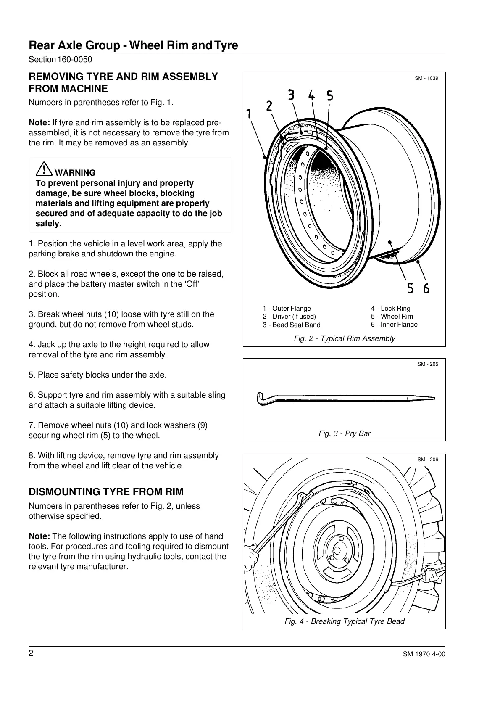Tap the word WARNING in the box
pos(75,173)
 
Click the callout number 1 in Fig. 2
pos(249,114)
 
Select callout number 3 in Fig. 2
pos(291,95)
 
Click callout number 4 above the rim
pos(311,95)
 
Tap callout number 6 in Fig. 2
pos(426,288)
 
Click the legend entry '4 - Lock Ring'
pos(390,308)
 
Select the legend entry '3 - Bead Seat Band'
pos(292,325)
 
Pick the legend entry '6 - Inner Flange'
pos(394,324)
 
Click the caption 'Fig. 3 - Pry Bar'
pos(345,433)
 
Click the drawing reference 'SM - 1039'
pos(426,78)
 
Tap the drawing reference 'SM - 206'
pos(428,460)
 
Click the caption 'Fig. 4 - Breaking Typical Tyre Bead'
pos(345,621)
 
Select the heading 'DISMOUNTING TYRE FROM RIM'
pos(106,492)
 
